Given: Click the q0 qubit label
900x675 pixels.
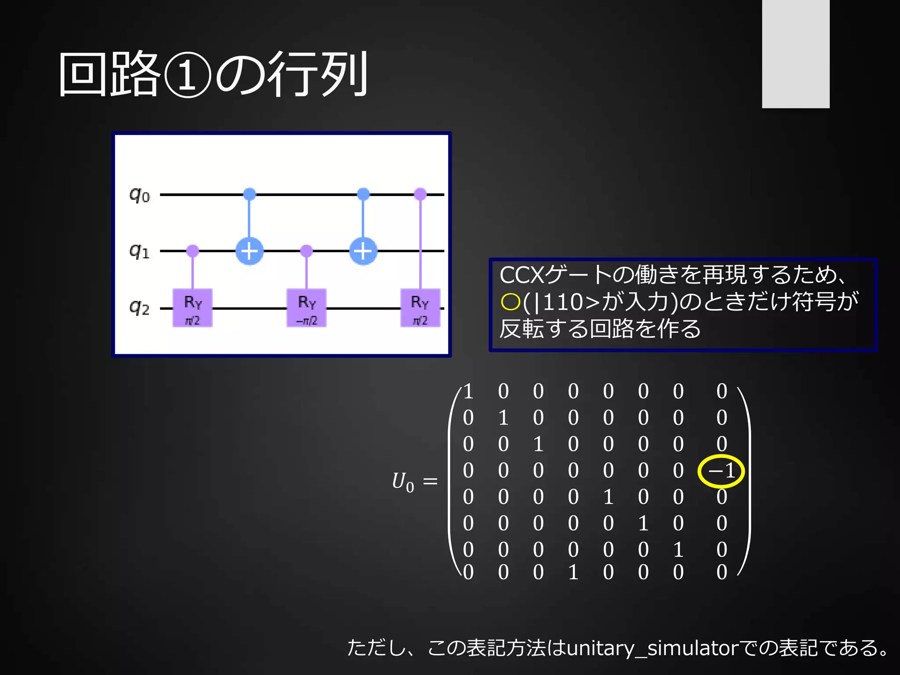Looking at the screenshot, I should (139, 195).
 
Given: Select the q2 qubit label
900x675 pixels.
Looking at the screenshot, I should (139, 308).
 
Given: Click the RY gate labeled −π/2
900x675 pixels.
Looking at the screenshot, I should (306, 308).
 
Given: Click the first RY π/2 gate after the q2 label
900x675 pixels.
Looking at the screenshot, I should (192, 308).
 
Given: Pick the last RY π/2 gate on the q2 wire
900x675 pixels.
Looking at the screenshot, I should (420, 308).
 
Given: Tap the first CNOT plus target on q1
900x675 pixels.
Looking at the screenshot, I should (250, 251).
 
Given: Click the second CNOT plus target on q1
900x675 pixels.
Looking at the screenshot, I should (363, 251).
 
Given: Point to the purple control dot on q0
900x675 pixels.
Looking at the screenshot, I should (421, 194).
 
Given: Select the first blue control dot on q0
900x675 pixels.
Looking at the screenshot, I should (250, 194).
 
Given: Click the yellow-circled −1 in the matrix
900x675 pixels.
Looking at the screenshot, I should (721, 471).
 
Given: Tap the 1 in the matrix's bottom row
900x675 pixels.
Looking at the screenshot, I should (573, 572).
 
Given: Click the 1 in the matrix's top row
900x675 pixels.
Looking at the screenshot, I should (468, 391).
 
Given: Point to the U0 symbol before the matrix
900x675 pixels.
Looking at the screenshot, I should (403, 482).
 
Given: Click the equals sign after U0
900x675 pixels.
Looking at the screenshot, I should (430, 482).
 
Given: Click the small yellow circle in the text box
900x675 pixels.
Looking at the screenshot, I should (510, 302).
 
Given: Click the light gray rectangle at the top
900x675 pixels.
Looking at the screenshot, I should (795, 54).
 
